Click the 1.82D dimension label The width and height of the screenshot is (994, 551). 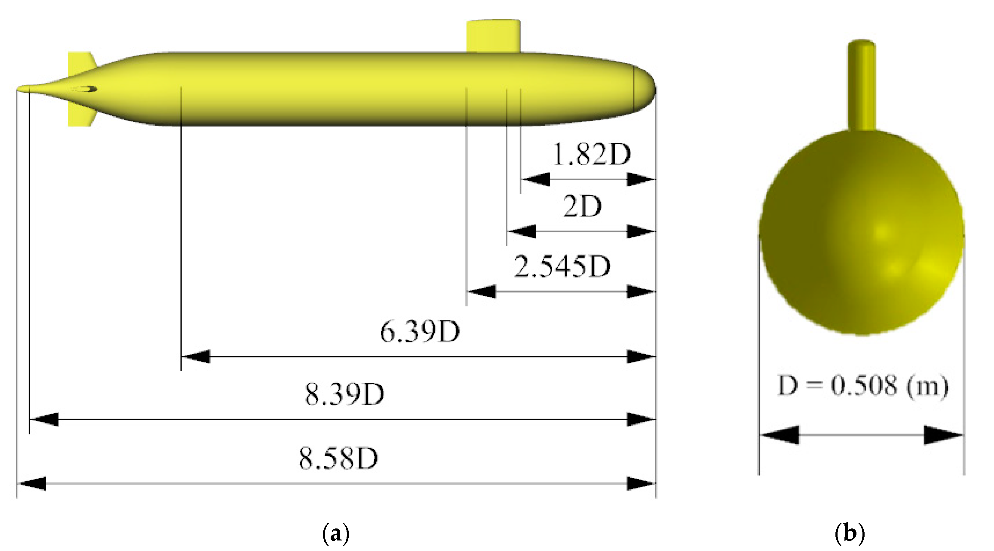point(592,155)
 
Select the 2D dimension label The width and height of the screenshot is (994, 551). point(582,207)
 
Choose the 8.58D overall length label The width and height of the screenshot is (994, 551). point(338,459)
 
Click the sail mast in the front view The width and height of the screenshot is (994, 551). point(861,85)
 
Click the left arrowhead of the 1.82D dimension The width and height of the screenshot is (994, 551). point(535,179)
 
